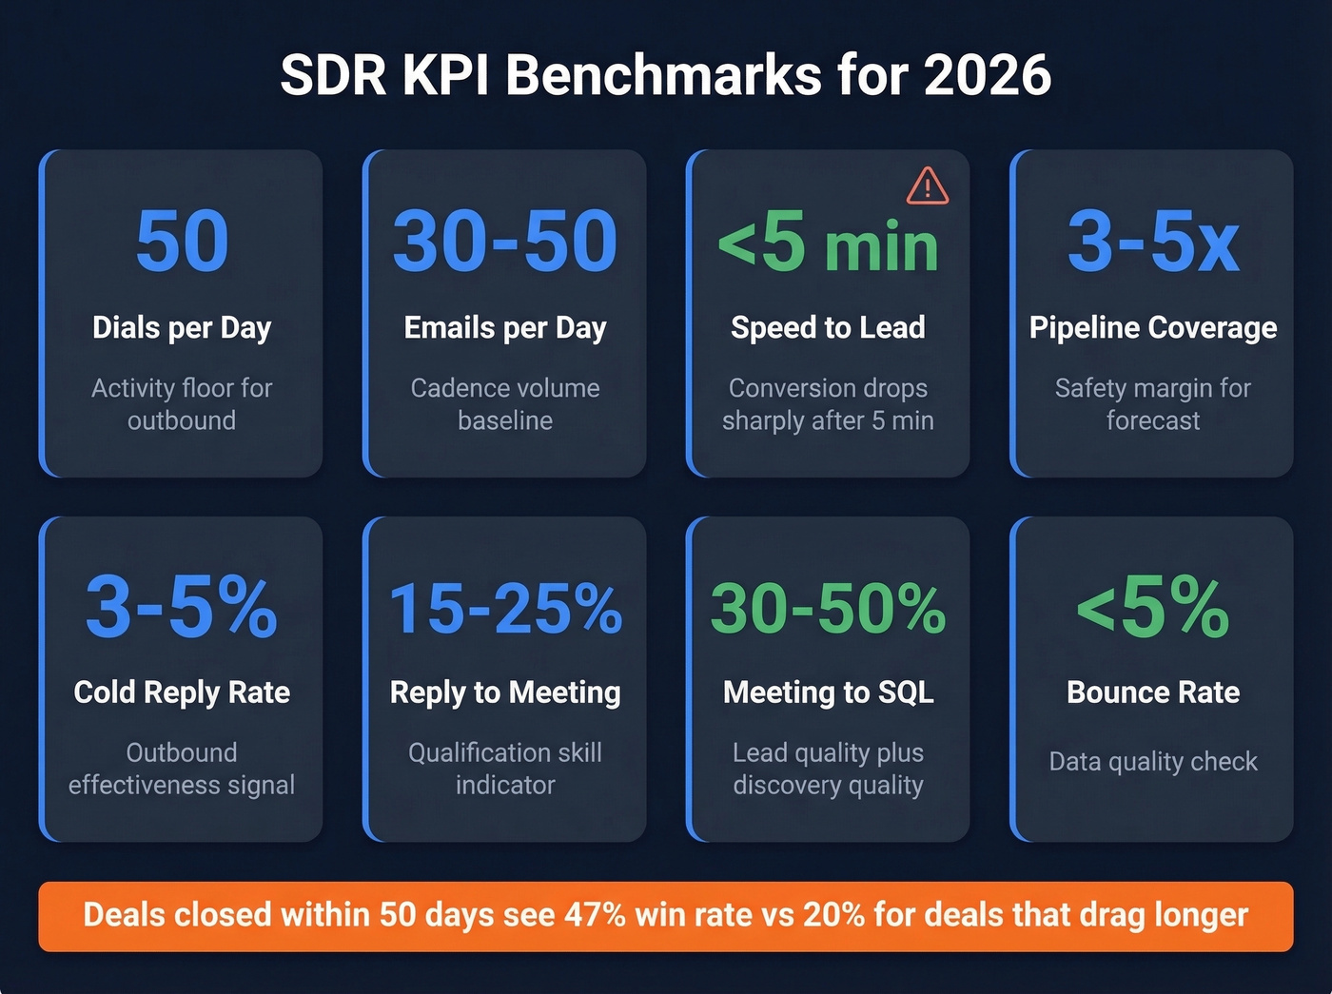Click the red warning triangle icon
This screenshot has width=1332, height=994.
coord(927,186)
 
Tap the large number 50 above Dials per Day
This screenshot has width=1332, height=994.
coord(182,242)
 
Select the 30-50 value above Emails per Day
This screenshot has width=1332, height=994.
coord(505,242)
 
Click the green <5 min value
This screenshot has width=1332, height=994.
coord(828,244)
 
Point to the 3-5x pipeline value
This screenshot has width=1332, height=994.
coord(1153,242)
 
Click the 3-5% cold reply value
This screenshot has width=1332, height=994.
coord(182,607)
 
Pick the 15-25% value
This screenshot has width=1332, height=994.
coord(505,608)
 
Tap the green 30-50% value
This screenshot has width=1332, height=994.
coord(828,608)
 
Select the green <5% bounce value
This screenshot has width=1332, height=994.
coord(1153,608)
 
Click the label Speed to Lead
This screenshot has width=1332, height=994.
coord(828,327)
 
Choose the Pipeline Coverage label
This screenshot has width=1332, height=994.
coord(1153,327)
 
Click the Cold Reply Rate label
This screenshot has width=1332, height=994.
coord(182,692)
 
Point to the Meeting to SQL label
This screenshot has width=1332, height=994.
coord(828,692)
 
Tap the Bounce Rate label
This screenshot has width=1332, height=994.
coord(1153,692)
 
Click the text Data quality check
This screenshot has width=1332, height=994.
coord(1153,762)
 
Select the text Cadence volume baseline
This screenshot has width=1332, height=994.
coord(505,404)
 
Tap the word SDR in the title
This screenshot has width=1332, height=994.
coord(334,75)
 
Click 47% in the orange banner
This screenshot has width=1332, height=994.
coord(595,915)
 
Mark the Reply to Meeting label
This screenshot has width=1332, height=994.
coord(505,692)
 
